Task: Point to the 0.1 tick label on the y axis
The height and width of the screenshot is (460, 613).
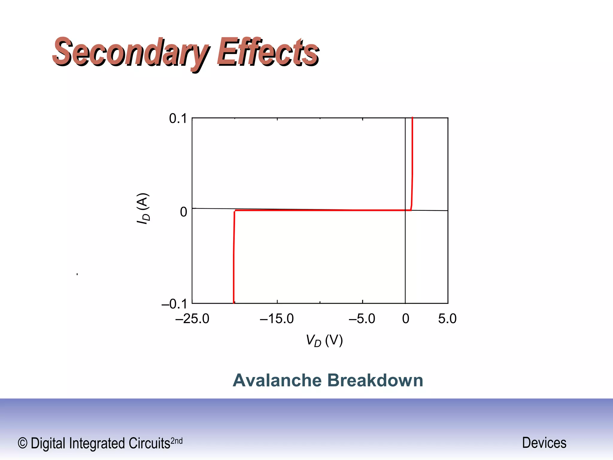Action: coord(178,119)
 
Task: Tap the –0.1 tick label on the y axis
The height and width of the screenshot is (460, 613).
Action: coord(174,304)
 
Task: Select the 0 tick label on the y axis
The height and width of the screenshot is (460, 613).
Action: coord(183,212)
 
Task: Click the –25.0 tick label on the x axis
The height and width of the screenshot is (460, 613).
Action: coord(192,319)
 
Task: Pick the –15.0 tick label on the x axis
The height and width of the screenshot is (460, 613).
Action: coord(277,319)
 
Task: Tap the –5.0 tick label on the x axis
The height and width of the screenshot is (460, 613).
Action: coord(362,319)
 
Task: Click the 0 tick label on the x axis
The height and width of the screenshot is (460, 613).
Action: coord(406,319)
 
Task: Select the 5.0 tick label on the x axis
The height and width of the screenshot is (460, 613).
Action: coord(447,319)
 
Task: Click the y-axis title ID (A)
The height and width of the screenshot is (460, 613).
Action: coord(143,208)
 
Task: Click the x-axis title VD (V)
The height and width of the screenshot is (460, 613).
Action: coord(324,341)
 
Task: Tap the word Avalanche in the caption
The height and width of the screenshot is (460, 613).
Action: coord(277,380)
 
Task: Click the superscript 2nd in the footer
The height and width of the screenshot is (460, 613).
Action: coord(176,441)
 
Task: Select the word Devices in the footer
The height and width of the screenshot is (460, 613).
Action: coord(544,443)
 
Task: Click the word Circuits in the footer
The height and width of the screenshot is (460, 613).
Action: coord(149,444)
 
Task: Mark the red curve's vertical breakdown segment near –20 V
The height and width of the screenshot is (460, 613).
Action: coord(234,258)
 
